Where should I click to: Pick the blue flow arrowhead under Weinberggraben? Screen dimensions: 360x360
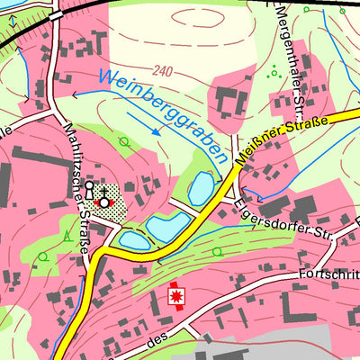click(157, 131)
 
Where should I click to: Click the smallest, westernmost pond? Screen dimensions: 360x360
click(133, 240)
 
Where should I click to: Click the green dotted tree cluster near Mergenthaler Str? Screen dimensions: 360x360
click(273, 71)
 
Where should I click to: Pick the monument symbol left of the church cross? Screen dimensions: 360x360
click(90, 190)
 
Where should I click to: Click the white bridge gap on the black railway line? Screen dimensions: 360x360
click(57, 15)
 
